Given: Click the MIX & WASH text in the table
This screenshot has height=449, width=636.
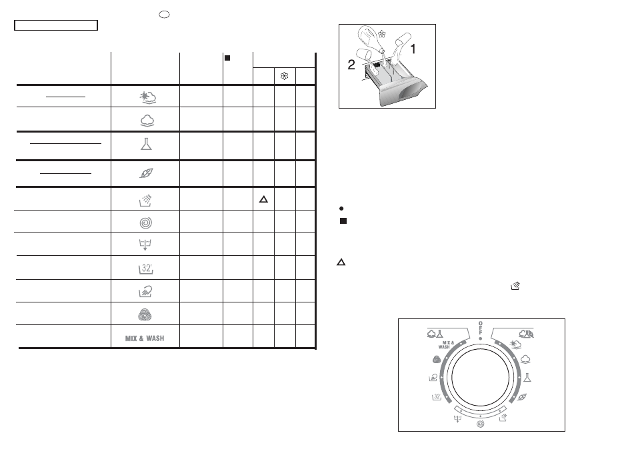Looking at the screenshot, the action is [x=145, y=338].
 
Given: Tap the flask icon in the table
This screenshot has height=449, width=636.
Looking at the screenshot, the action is [x=146, y=144].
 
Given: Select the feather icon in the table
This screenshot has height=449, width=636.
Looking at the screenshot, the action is [x=146, y=173].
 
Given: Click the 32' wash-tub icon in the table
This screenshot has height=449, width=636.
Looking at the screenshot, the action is [x=146, y=268].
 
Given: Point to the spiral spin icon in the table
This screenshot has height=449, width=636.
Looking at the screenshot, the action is [x=145, y=223].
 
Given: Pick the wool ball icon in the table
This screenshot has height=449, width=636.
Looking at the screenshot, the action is [x=145, y=314].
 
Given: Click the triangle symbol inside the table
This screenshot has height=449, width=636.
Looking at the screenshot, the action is [x=263, y=199].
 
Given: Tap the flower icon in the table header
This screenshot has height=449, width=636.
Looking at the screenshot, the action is [x=285, y=76].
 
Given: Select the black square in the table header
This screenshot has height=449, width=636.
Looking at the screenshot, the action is [x=227, y=58].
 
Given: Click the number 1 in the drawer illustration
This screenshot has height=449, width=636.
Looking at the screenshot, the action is [x=413, y=49].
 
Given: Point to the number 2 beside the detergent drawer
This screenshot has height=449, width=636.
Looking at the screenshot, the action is [x=351, y=65].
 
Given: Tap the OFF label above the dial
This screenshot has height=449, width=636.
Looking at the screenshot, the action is [x=481, y=328].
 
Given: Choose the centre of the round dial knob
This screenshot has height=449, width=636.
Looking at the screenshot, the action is [x=480, y=377].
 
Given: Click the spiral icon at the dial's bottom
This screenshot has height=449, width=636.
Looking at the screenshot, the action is [x=480, y=424].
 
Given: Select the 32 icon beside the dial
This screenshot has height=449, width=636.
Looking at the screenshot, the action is [x=437, y=397].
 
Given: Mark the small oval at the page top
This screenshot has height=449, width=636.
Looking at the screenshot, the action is [x=164, y=15].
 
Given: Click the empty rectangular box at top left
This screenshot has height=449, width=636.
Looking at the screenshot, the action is [x=56, y=25].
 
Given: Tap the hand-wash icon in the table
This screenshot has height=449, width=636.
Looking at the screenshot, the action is [x=145, y=291].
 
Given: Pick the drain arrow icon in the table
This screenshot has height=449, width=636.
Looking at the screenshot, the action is [x=145, y=244].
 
